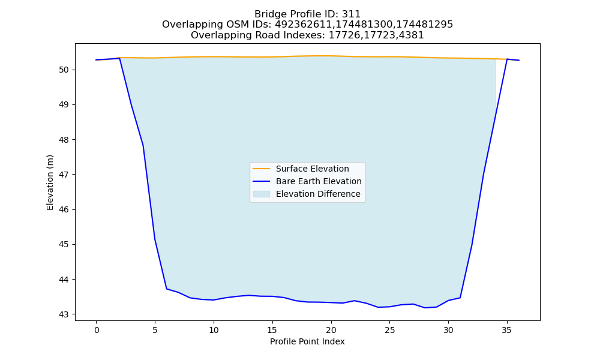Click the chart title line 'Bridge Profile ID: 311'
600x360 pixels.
pos(307,14)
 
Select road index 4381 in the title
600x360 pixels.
pos(412,35)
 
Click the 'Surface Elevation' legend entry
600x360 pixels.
pos(312,169)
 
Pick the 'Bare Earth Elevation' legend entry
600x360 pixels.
pos(319,181)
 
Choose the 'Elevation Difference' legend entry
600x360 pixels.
pos(318,194)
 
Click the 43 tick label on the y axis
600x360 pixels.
pos(64,314)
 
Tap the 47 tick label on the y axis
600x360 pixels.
pos(64,175)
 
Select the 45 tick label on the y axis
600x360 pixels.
pos(64,244)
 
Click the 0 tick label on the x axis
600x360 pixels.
pos(97,330)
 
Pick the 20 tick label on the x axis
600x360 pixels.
pos(331,330)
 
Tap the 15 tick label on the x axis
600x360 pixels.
pos(272,330)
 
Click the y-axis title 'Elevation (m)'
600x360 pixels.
pos(50,182)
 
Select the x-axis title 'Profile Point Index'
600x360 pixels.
pos(307,341)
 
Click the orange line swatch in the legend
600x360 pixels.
pos(262,169)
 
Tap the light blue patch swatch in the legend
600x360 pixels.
pos(262,194)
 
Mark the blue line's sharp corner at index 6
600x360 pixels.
pos(166,289)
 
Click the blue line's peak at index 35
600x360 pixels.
pos(507,59)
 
